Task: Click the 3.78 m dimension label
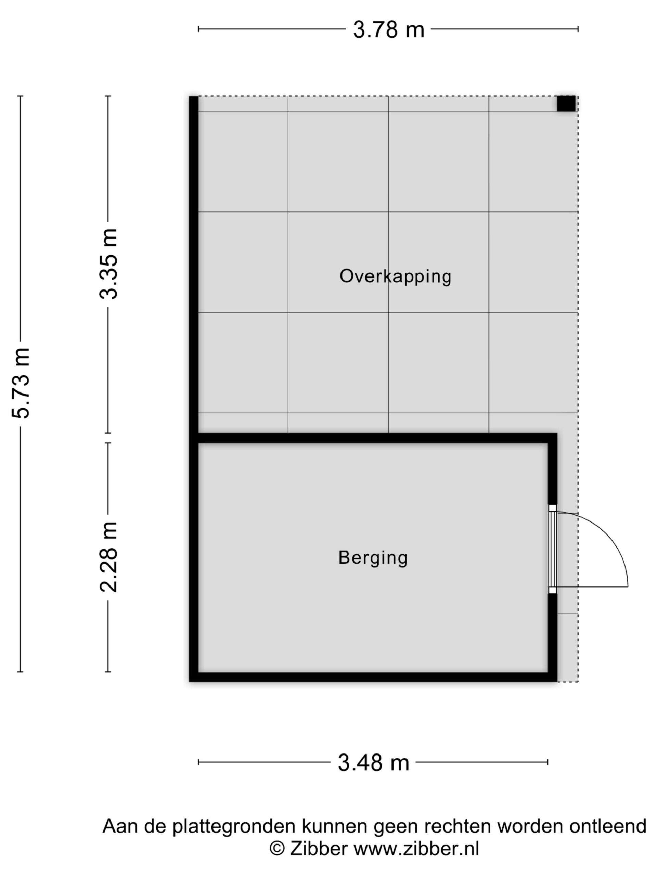coord(388,30)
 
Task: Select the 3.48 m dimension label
coord(373,762)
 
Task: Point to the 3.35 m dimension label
coord(108,264)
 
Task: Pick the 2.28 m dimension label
coord(108,557)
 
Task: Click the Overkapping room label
coord(395,277)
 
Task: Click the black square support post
coord(566,103)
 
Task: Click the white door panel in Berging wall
coord(552,549)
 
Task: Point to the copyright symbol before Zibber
coord(277,848)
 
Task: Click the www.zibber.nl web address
coord(416,848)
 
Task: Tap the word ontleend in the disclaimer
coord(608,826)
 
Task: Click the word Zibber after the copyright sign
coord(319,848)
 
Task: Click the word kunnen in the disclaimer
coord(335,826)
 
